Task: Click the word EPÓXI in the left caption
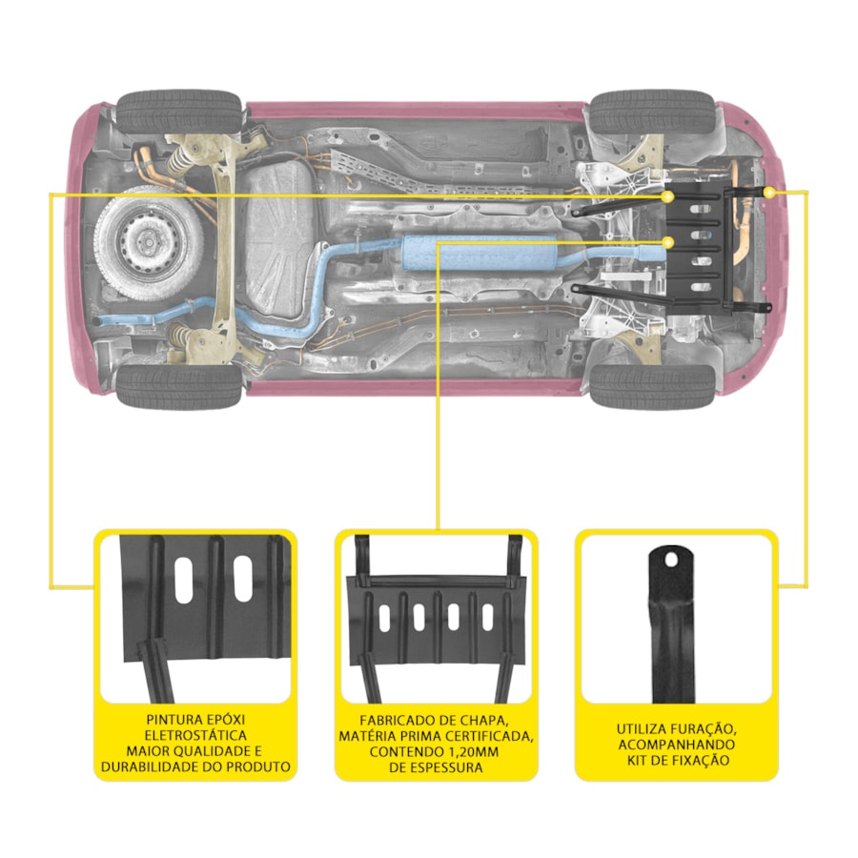pos(219,720)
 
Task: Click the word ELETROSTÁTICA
pos(195,735)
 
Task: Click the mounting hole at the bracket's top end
pos(670,559)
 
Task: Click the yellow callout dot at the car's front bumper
pos(769,192)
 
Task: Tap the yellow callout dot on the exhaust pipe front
pos(667,242)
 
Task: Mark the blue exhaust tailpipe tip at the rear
pos(99,320)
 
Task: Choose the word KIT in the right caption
pos(639,760)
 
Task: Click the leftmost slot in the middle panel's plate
pos(385,619)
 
